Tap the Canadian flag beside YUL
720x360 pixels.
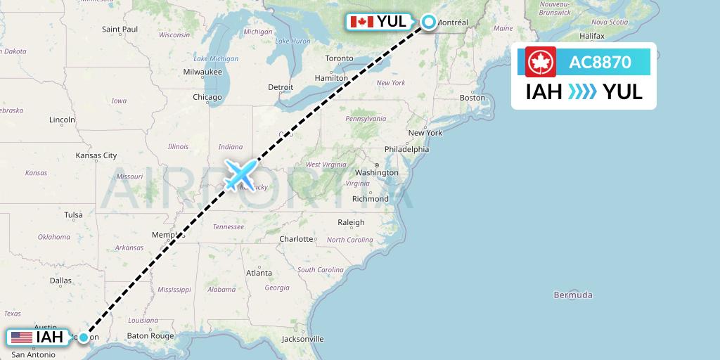click(361, 22)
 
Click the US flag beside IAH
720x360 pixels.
click(21, 337)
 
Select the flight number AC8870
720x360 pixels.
click(600, 62)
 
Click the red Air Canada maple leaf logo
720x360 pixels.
click(541, 62)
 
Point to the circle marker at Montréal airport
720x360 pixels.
click(429, 22)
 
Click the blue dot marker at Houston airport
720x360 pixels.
click(84, 337)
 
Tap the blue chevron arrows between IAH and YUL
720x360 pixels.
click(581, 92)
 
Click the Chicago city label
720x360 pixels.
click(207, 97)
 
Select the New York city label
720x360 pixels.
click(425, 133)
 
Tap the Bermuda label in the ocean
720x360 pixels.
click(573, 295)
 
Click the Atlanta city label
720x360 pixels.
click(259, 273)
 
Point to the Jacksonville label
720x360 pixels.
click(302, 339)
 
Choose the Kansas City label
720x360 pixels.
click(96, 155)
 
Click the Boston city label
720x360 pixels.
click(472, 98)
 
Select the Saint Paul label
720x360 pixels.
click(120, 30)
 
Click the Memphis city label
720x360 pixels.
click(168, 235)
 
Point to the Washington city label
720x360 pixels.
click(377, 172)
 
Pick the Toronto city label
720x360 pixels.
click(339, 58)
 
